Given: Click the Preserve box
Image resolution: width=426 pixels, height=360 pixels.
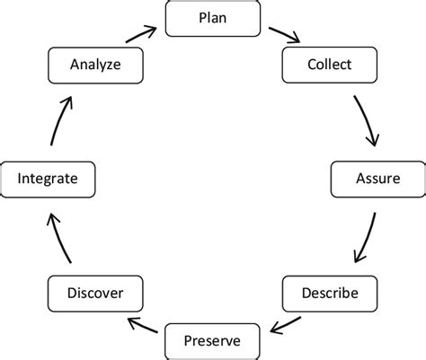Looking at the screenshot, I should tap(212, 340).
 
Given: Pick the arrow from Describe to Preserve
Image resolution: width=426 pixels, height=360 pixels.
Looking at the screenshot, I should tap(287, 320).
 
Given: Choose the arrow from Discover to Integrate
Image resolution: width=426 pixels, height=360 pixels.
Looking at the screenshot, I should tap(58, 238).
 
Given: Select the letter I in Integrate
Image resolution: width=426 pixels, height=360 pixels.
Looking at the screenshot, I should tap(20, 179).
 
